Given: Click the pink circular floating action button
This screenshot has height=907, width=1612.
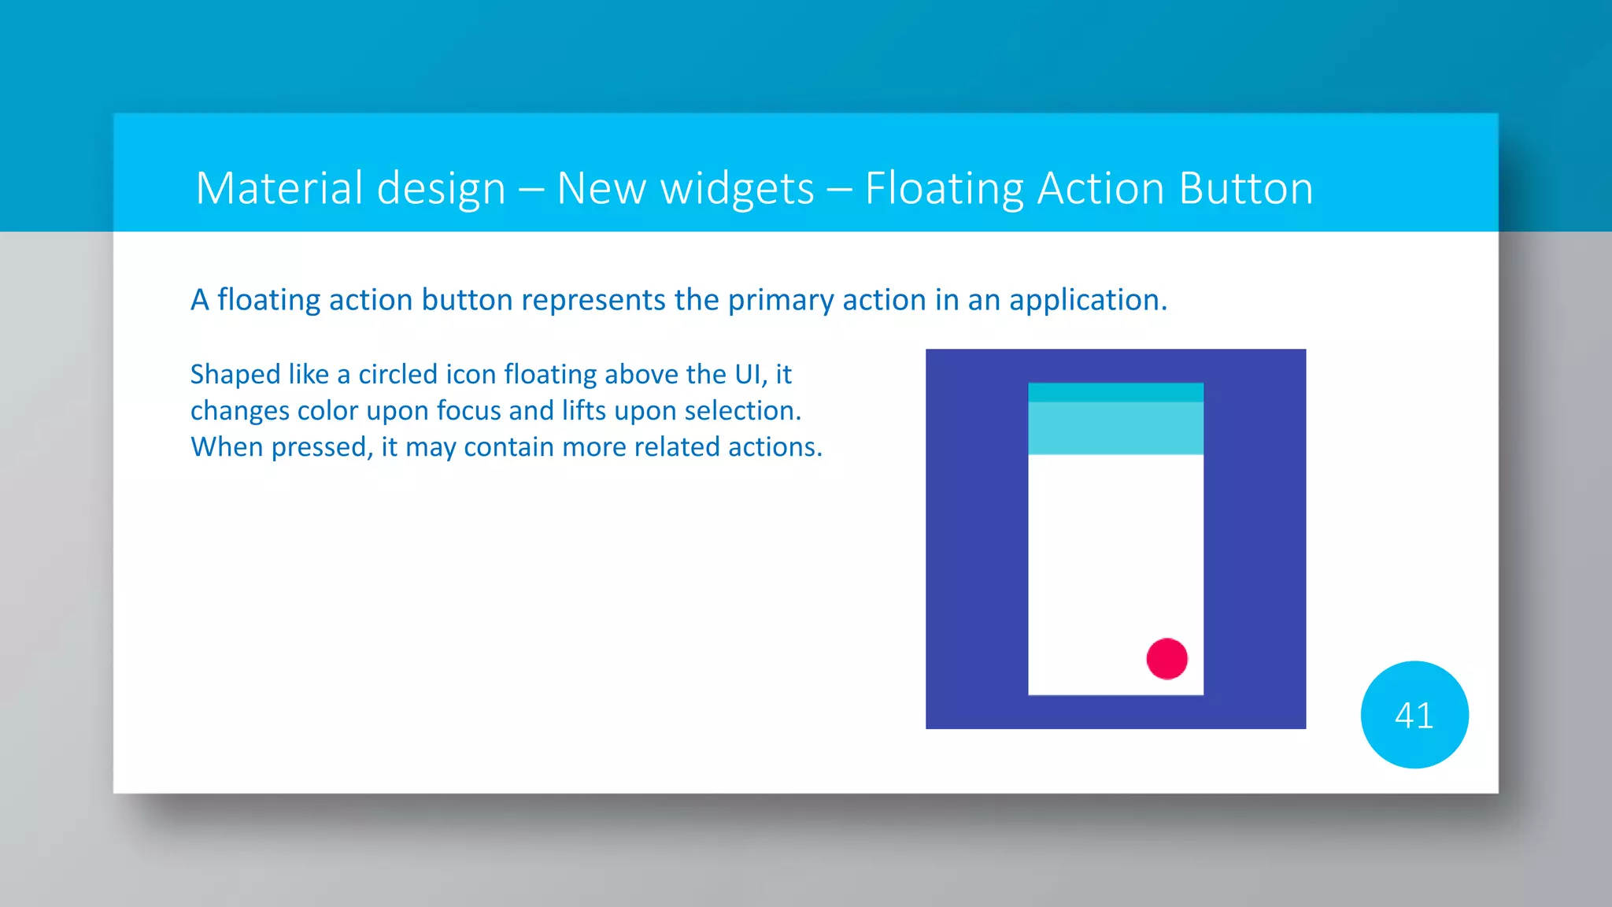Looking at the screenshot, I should click(1166, 658).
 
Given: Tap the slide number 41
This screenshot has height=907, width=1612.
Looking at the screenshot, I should click(1414, 716).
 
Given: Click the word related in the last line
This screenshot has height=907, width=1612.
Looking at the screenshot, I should click(676, 447).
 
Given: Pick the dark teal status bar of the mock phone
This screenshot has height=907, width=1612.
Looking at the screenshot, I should click(1115, 392).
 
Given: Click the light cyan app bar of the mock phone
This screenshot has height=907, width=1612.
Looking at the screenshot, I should click(1115, 428).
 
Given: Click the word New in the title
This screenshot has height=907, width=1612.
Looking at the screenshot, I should click(600, 189).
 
